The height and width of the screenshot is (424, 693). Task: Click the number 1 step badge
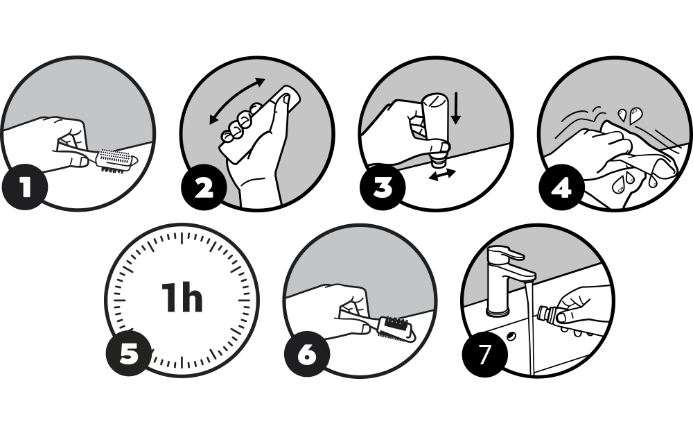(25, 187)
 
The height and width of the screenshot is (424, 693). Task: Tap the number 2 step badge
(204, 187)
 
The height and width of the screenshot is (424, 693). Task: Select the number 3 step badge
(383, 187)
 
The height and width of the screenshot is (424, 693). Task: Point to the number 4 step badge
(562, 187)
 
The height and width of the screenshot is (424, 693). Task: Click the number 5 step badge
(129, 354)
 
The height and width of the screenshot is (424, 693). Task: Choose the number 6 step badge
(307, 354)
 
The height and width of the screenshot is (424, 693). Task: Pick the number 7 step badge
(485, 354)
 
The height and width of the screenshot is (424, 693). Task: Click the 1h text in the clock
(182, 298)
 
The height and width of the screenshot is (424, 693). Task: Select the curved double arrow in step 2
(237, 101)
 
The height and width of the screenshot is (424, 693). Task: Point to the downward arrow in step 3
(456, 108)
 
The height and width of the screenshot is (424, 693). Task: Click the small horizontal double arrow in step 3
(442, 174)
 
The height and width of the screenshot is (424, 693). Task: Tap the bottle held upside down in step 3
(435, 128)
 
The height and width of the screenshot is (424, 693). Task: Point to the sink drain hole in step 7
(511, 336)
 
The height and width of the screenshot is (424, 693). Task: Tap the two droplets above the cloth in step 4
(629, 115)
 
